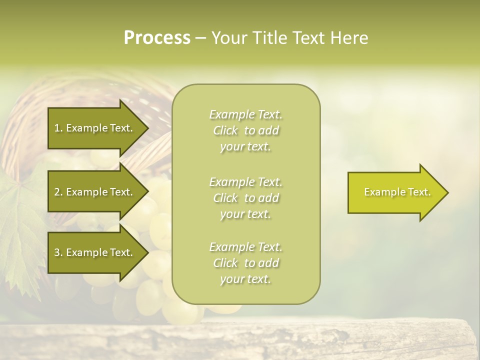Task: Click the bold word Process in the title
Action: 157,38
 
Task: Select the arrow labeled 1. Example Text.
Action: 95,128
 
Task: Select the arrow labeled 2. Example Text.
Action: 95,192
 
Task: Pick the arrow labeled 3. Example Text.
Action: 95,252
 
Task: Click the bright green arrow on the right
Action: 395,192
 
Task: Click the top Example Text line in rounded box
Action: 245,114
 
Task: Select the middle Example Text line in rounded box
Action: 245,182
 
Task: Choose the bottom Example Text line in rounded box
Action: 245,247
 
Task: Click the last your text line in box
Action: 245,279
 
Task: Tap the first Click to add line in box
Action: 245,130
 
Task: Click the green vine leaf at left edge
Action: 20,225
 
